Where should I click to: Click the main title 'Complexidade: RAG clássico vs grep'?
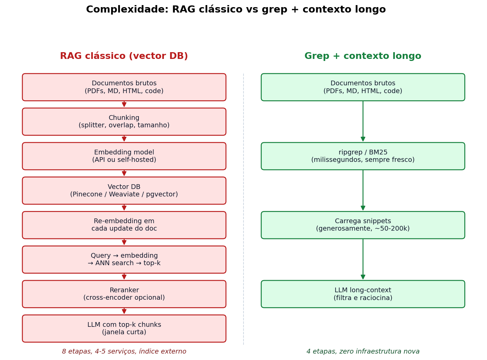236,9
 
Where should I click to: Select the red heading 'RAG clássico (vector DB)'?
124,56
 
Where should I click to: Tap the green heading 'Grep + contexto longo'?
363,56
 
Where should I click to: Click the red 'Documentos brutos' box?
124,87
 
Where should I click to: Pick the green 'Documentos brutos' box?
363,87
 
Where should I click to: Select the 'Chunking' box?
124,122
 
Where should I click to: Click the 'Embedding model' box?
124,156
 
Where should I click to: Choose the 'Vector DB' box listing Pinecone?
124,191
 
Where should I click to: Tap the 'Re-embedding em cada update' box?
124,225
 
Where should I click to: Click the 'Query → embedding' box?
124,260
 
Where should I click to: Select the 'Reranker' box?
124,294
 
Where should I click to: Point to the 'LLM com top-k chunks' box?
124,329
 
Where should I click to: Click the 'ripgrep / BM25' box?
363,156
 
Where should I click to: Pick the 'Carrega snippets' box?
363,225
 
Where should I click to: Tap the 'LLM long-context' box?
363,294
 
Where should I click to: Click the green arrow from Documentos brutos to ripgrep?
363,121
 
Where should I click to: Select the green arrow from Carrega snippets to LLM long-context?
363,259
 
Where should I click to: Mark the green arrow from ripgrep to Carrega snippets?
363,190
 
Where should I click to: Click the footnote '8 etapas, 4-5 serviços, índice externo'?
124,352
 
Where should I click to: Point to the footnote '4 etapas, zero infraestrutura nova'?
363,352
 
